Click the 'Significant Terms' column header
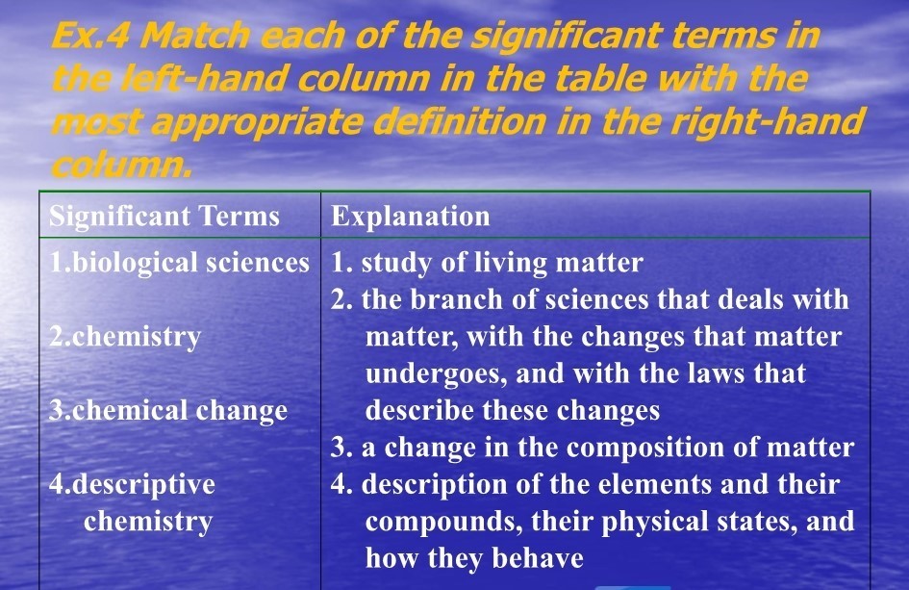164,218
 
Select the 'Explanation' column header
411,218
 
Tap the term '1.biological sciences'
179,264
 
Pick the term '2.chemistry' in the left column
125,337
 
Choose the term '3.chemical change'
168,411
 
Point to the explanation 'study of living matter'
502,264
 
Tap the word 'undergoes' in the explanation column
437,374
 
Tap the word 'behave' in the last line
538,558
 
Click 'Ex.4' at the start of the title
89,36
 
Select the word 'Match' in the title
195,36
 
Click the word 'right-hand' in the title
768,123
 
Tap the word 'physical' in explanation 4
654,522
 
